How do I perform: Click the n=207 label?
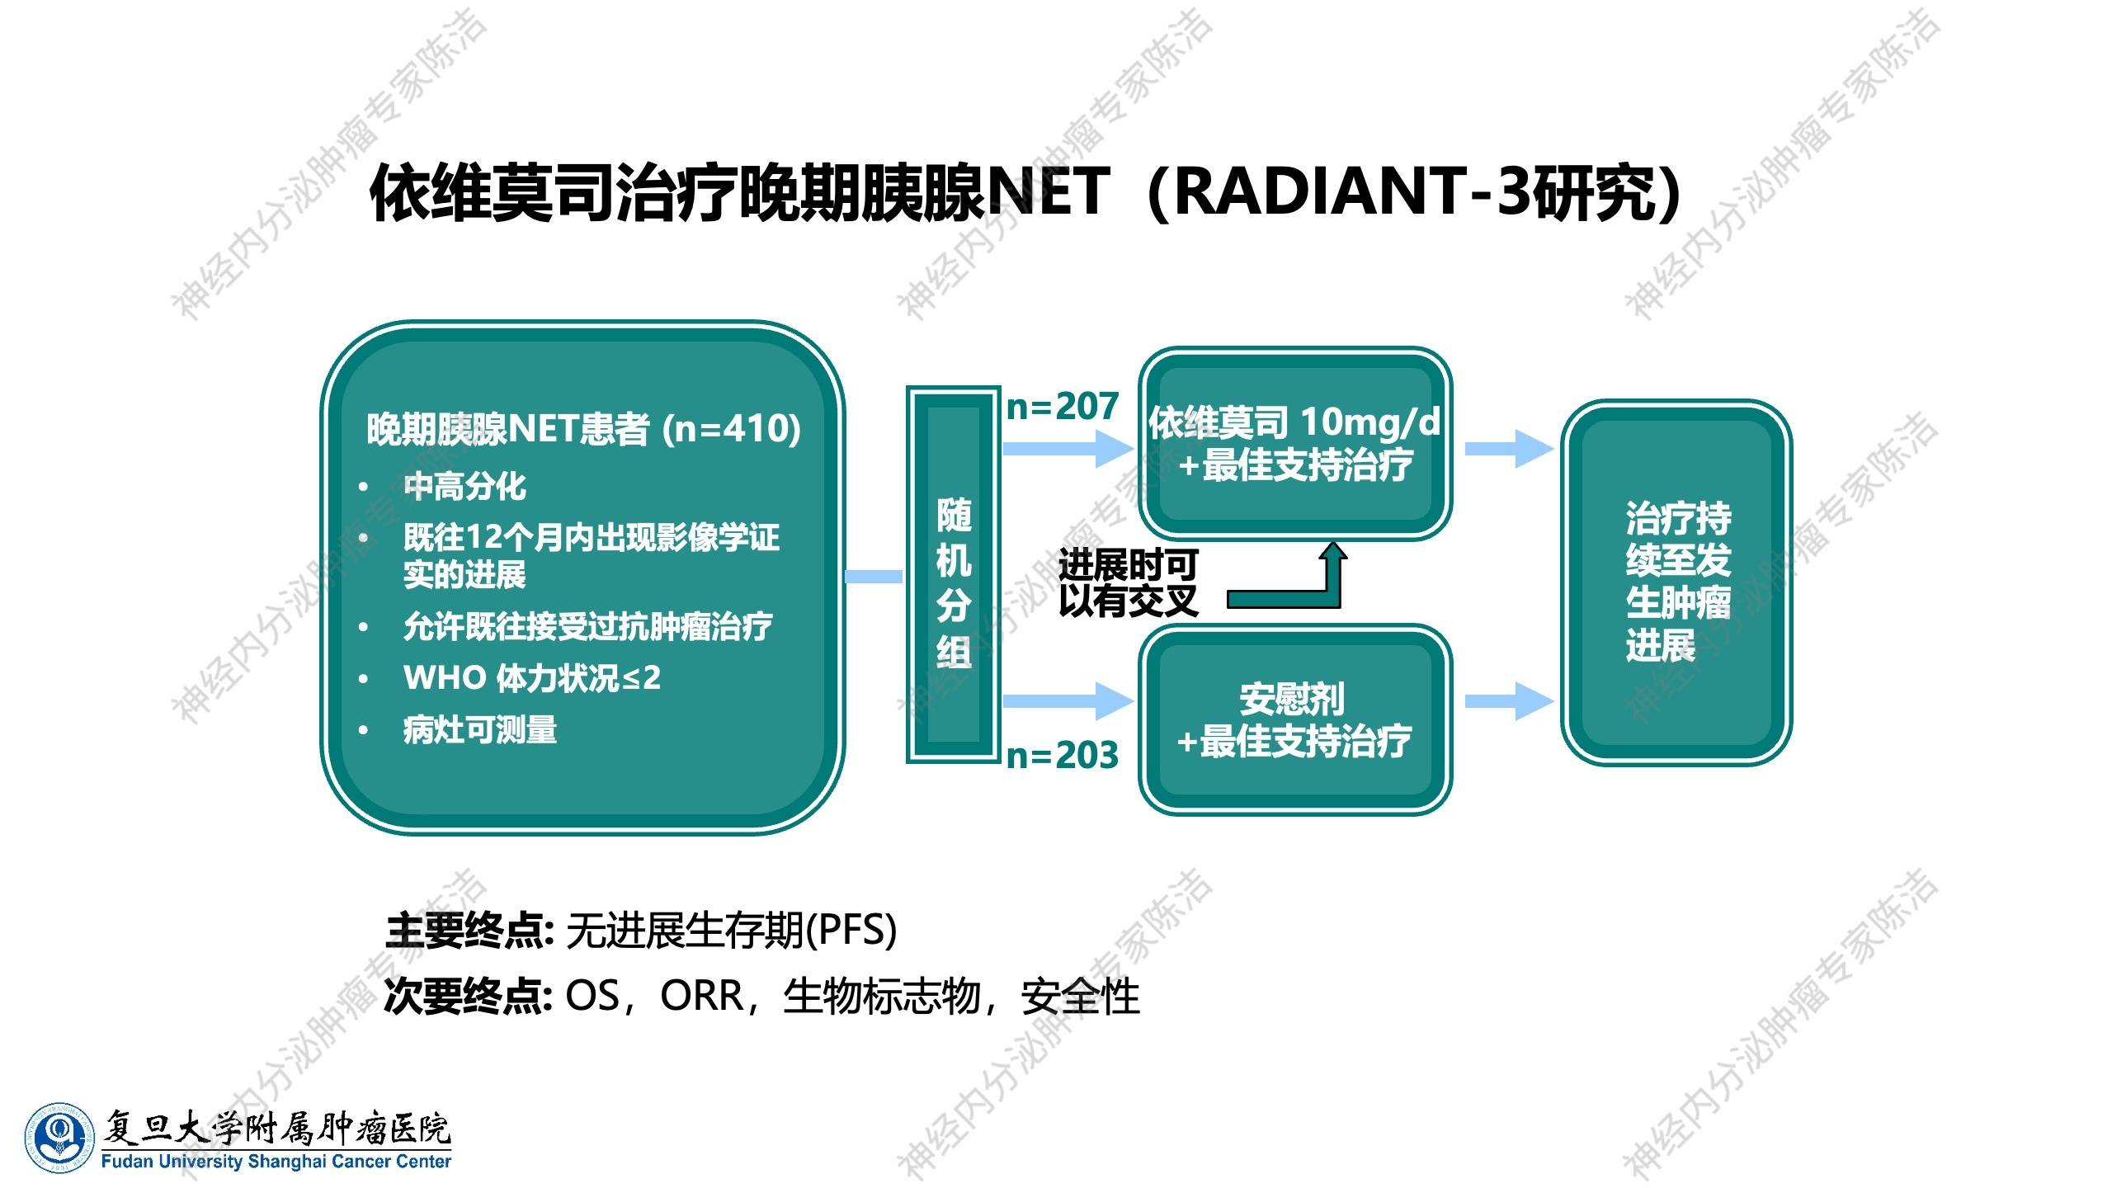pyautogui.click(x=1063, y=406)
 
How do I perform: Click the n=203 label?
pyautogui.click(x=1063, y=755)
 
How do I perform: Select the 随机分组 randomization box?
pyautogui.click(x=954, y=574)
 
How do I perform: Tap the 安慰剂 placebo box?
pyautogui.click(x=1295, y=719)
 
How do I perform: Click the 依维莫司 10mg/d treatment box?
pyautogui.click(x=1295, y=444)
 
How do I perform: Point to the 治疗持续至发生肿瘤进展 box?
pyautogui.click(x=1676, y=582)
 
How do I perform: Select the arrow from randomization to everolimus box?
pyautogui.click(x=1068, y=449)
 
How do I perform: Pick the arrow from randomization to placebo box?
pyautogui.click(x=1068, y=701)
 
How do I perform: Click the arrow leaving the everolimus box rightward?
pyautogui.click(x=1510, y=449)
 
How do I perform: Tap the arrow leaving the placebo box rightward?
pyautogui.click(x=1510, y=701)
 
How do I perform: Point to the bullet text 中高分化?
pyautogui.click(x=464, y=486)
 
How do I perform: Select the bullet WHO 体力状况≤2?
pyautogui.click(x=532, y=678)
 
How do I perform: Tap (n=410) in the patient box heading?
pyautogui.click(x=732, y=429)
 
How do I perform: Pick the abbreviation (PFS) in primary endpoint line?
pyautogui.click(x=851, y=931)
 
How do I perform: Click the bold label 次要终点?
pyautogui.click(x=468, y=997)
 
